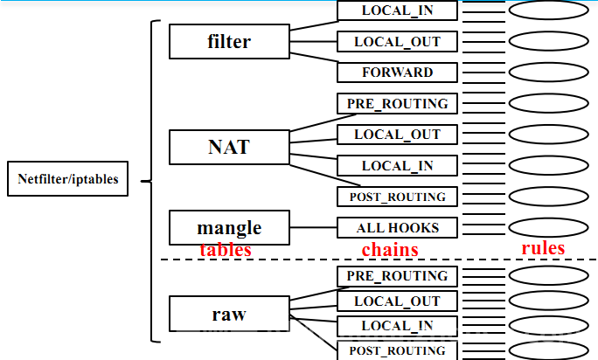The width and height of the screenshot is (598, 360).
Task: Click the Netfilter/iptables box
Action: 67,181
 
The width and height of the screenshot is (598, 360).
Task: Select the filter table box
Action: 229,41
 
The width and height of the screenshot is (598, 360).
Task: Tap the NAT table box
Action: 229,147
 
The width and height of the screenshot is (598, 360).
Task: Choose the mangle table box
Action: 229,228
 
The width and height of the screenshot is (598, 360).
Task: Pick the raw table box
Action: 229,314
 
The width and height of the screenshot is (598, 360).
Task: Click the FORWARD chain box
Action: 397,72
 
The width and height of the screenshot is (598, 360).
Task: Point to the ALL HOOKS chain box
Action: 397,228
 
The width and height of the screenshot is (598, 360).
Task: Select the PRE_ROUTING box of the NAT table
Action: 397,103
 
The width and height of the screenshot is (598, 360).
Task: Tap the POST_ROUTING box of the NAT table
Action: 397,197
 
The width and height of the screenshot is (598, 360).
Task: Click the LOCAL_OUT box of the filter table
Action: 397,41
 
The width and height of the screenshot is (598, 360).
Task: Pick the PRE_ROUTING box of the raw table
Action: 397,276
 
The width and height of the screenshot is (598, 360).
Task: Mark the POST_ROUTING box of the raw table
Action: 397,350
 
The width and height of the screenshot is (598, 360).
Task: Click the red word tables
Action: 226,250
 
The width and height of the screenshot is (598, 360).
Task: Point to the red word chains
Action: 390,250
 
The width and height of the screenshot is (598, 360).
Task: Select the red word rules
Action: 543,248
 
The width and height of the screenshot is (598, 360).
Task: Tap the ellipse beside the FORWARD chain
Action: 549,72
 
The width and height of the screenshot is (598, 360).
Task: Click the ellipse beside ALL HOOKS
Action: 549,227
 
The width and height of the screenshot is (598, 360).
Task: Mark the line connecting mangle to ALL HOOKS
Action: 312,228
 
